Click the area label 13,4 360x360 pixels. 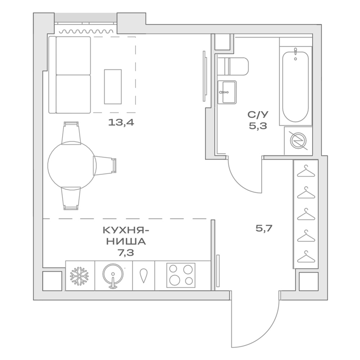coord(121,123)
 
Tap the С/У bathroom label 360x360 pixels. coord(258,114)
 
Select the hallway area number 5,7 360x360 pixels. coord(264,228)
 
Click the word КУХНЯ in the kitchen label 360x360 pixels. coord(124,230)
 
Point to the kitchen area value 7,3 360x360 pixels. coord(125,253)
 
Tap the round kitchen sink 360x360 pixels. coord(113,276)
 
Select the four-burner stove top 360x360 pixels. coord(181,275)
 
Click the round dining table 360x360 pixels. coord(72,165)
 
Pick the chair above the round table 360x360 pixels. coord(71,133)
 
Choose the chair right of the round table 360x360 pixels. coord(105,166)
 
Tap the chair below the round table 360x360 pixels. coord(71,199)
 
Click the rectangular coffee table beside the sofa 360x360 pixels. coord(113,87)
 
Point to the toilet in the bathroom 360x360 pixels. coord(233,66)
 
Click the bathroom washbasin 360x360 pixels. coord(227,92)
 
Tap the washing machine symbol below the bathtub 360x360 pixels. coord(298,140)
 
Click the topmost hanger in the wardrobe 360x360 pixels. coord(306,171)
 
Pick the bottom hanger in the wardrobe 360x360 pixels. coord(306,257)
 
